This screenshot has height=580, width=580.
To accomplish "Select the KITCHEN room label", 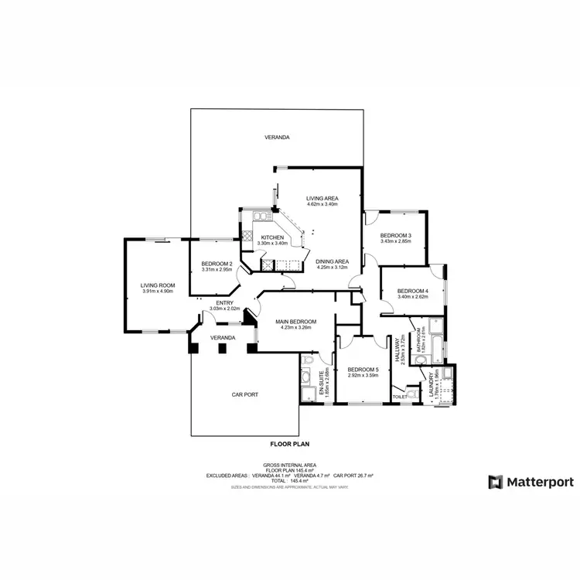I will coord(272,237).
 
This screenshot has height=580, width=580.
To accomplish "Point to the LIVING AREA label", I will coord(322,198).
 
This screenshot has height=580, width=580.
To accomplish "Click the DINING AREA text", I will coord(333,261).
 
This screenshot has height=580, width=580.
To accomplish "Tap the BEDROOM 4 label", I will coord(413,290).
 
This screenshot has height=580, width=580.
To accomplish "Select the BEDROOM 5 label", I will coord(363,370).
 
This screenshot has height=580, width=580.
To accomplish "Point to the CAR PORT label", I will coord(244,394).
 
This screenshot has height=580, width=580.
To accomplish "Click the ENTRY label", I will coord(225,302).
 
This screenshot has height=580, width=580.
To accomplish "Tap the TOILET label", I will coord(399,397).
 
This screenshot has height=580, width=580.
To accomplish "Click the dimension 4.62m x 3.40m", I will coord(322,204).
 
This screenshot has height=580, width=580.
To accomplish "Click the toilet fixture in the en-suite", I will coord(309,360).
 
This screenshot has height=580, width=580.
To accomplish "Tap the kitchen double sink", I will coord(261,216).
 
